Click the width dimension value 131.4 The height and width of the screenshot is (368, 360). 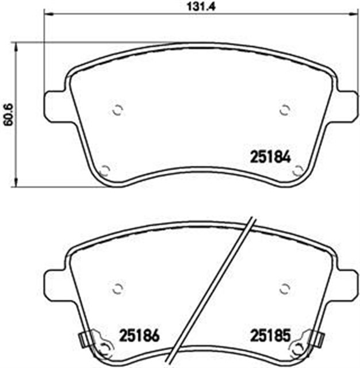point(201,6)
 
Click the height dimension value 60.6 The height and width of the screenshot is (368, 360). point(10,114)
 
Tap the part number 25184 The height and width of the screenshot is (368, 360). point(271,157)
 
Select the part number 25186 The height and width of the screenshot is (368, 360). point(139,335)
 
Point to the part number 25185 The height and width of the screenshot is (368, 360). point(271,335)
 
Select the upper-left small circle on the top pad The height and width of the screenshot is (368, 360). point(117,110)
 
